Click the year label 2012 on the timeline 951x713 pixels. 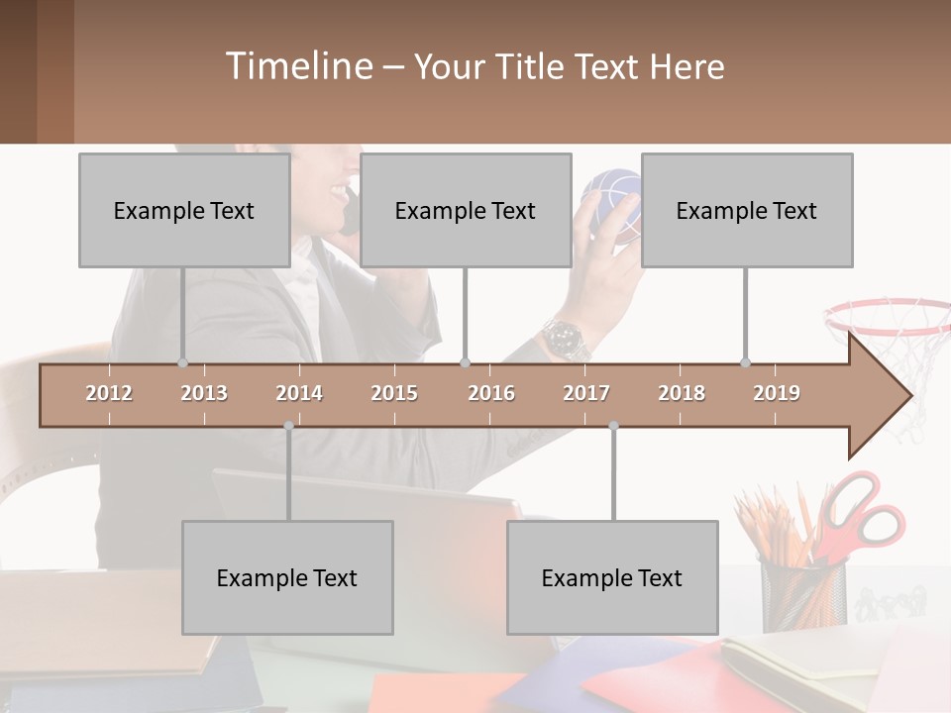click(x=109, y=393)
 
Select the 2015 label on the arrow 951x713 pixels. click(x=394, y=393)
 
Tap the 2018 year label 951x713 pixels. click(x=682, y=393)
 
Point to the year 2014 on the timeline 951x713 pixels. click(x=299, y=393)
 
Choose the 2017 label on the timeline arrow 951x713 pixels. click(x=586, y=393)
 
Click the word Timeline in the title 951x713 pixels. click(x=298, y=66)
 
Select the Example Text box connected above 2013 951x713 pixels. click(x=184, y=210)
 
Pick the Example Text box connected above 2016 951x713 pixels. click(x=466, y=210)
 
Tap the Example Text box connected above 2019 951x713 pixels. click(x=747, y=210)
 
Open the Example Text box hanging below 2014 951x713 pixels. click(x=287, y=577)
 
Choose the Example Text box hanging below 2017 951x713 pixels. click(x=612, y=577)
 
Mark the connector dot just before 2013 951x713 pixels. click(x=182, y=362)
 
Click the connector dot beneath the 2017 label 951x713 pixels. click(x=613, y=426)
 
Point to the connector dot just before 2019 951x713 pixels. click(x=745, y=362)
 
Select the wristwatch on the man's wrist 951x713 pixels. click(x=566, y=340)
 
